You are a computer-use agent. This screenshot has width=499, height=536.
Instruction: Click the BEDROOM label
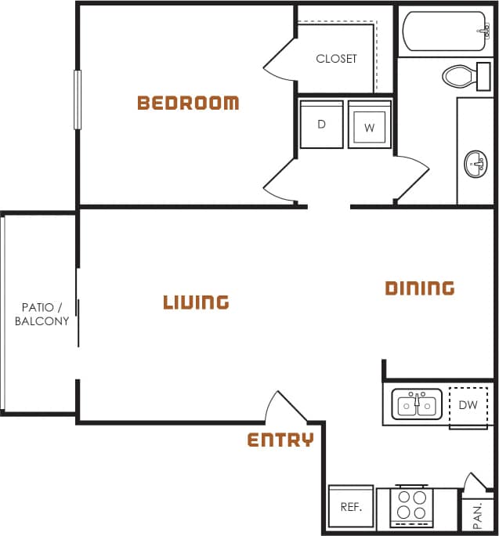188,103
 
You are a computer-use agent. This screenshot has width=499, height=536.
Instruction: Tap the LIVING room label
196,302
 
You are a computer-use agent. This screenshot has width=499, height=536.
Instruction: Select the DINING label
420,288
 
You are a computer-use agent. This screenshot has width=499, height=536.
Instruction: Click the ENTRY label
280,440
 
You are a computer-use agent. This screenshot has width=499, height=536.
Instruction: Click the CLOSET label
336,59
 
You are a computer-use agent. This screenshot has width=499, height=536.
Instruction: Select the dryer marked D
321,125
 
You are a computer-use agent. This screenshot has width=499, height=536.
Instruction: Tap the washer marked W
369,125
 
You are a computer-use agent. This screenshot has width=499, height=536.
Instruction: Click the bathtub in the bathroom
443,31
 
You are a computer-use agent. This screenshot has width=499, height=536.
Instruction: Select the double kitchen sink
417,405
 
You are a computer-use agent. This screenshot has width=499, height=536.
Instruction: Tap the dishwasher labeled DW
468,405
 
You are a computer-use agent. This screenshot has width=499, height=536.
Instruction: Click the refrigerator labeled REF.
350,507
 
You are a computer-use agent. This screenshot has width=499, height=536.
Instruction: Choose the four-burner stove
412,506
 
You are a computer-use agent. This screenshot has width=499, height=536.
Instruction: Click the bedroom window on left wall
78,100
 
